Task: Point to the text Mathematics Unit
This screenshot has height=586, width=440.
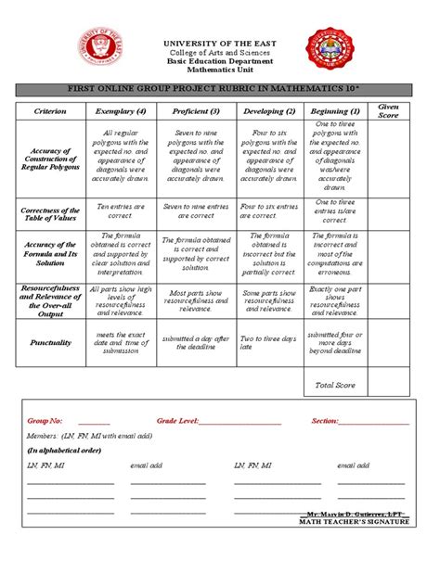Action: tap(221, 68)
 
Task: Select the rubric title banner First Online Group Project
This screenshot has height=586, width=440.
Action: tap(220, 89)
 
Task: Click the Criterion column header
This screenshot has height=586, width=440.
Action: tap(51, 111)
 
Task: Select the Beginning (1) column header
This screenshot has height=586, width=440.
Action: tap(335, 111)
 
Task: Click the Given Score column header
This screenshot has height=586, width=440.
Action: tap(389, 111)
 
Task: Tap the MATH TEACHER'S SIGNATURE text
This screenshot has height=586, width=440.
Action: tap(354, 522)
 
